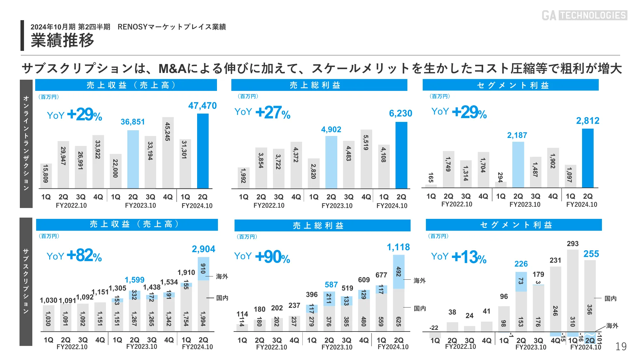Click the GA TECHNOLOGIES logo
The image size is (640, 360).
click(x=584, y=15)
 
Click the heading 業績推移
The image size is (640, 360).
click(x=62, y=41)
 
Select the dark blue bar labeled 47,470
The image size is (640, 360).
click(x=203, y=151)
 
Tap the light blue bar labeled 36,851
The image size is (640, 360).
click(x=133, y=159)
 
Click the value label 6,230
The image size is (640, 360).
click(x=400, y=113)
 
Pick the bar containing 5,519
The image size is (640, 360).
click(x=366, y=159)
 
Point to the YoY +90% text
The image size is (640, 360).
click(x=262, y=257)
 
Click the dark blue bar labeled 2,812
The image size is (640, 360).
click(x=588, y=158)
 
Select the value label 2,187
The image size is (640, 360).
click(x=517, y=135)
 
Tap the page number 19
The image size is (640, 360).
click(x=621, y=347)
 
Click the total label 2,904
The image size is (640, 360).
click(x=204, y=249)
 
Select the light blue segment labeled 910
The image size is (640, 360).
click(x=203, y=268)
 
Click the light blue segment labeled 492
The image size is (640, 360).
click(x=398, y=272)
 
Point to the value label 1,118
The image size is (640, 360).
click(x=398, y=247)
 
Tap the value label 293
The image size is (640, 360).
click(x=572, y=244)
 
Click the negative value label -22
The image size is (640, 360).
click(x=434, y=328)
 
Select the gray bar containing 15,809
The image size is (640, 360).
click(x=46, y=176)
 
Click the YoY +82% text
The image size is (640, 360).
click(x=74, y=256)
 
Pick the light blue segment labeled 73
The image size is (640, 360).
click(x=521, y=282)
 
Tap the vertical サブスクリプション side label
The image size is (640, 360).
click(x=26, y=282)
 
